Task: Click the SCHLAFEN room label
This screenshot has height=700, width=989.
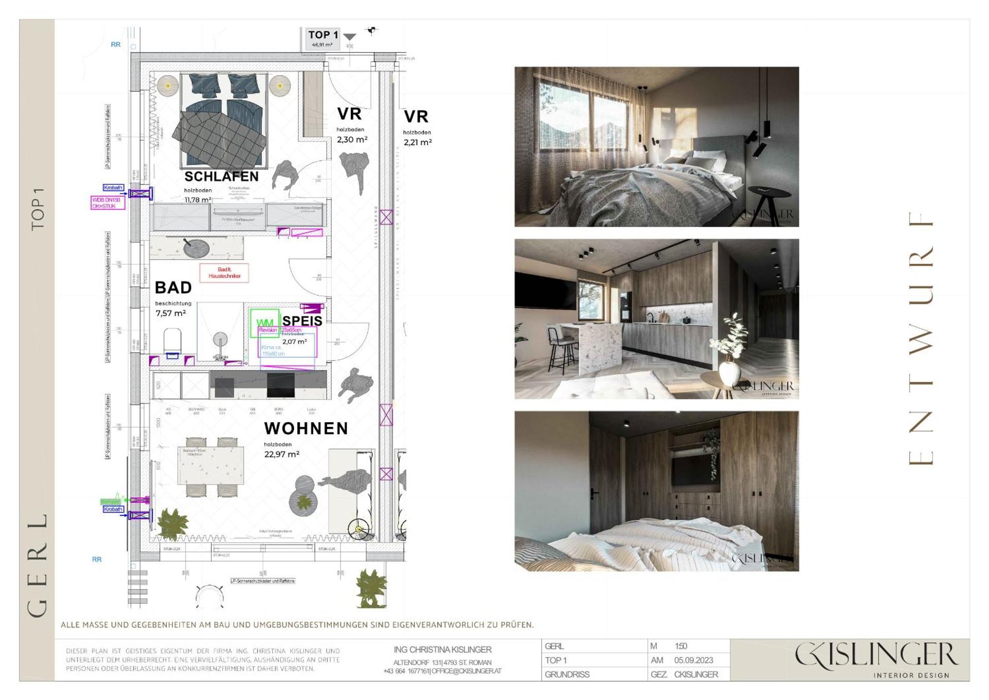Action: point(221,177)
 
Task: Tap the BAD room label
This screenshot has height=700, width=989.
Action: point(173,288)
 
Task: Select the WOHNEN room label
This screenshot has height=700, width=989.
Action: point(306,428)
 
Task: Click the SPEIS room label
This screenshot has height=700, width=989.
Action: point(302,321)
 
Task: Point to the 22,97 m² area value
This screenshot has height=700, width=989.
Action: point(282,454)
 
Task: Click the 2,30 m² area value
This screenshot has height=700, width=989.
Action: point(352,140)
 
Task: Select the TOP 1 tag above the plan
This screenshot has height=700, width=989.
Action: point(323,36)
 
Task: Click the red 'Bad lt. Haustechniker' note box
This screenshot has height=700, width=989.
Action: point(224,273)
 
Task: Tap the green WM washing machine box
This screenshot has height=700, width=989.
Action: point(265,323)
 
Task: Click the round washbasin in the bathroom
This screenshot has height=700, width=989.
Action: point(196,248)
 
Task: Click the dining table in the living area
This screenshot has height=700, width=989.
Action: point(211,465)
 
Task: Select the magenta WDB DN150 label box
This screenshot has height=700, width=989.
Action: point(108,203)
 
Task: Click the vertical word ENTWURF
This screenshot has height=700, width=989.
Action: point(920,338)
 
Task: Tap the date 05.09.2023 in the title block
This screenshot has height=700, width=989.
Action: point(693,660)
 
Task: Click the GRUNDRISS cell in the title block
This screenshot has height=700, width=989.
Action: point(567,674)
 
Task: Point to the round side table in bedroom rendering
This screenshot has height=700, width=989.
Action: point(769,196)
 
